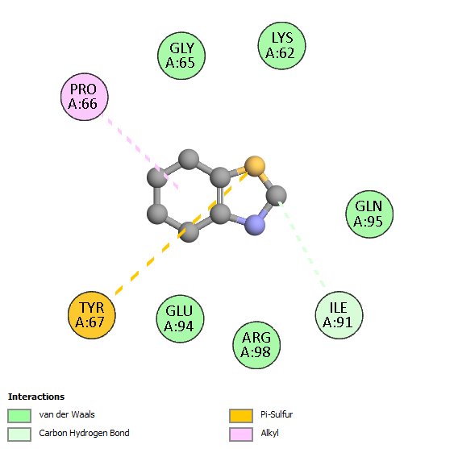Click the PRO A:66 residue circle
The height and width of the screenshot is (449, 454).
tap(84, 97)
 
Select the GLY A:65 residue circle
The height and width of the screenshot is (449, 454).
tap(181, 56)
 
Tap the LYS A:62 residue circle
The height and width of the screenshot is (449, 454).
tap(281, 46)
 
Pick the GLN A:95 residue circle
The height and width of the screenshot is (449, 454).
tap(369, 214)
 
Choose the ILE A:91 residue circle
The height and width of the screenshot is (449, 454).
tap(339, 315)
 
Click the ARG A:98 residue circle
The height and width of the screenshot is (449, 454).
tap(256, 345)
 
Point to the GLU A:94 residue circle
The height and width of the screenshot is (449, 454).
tap(180, 318)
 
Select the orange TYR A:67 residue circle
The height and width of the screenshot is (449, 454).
tap(92, 315)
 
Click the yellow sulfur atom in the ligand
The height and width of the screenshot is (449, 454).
tap(255, 166)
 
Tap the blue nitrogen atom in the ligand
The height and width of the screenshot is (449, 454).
tap(255, 225)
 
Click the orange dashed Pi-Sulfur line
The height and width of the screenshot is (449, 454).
tap(181, 234)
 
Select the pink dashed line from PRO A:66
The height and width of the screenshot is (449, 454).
tap(140, 152)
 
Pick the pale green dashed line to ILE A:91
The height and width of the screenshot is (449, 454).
tap(302, 244)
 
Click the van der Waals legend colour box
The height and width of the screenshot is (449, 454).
tap(19, 415)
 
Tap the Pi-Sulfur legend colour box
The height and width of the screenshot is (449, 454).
tap(241, 415)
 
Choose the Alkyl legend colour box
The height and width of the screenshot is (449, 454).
tap(241, 434)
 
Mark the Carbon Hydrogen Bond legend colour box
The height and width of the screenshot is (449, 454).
tap(19, 434)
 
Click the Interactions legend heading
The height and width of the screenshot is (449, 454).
tap(36, 397)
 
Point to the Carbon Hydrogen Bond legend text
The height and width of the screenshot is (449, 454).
tap(84, 434)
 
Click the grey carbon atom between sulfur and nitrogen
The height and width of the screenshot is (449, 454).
tap(277, 196)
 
